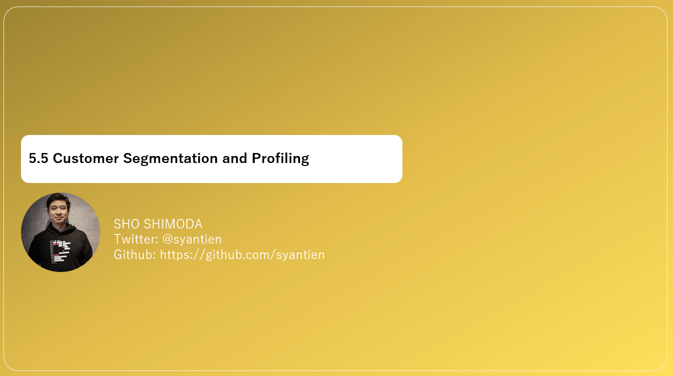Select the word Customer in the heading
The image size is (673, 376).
(x=86, y=158)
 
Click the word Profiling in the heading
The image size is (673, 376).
(x=280, y=158)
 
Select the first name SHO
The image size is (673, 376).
(x=127, y=224)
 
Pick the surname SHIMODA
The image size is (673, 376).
(x=173, y=224)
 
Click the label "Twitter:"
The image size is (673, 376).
(x=136, y=239)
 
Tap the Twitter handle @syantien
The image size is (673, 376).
(x=192, y=239)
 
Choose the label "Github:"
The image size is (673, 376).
(x=135, y=254)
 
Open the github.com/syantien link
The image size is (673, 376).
(x=242, y=254)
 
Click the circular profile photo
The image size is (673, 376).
(x=60, y=232)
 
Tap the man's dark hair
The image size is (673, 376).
(x=56, y=199)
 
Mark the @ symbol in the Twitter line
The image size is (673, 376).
(x=167, y=239)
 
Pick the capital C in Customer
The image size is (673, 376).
(x=57, y=158)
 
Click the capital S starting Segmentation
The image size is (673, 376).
(x=127, y=158)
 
